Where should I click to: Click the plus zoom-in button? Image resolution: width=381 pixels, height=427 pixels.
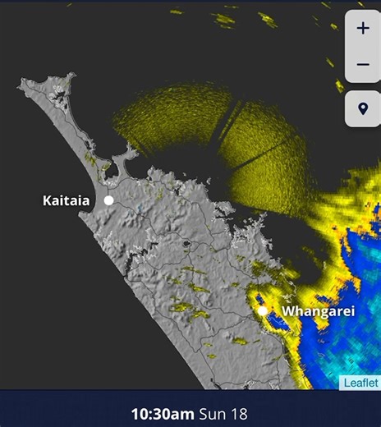363,28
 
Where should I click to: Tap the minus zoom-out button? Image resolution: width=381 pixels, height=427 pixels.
363,64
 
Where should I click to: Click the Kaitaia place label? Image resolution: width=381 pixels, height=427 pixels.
67,200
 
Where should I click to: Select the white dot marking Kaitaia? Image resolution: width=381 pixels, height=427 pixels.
108,200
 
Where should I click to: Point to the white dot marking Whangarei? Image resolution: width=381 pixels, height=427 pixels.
263,312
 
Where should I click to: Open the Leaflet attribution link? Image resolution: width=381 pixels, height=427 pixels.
360,383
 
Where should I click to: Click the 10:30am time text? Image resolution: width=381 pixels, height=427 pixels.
164,413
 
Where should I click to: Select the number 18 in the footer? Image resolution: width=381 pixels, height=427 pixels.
239,413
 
